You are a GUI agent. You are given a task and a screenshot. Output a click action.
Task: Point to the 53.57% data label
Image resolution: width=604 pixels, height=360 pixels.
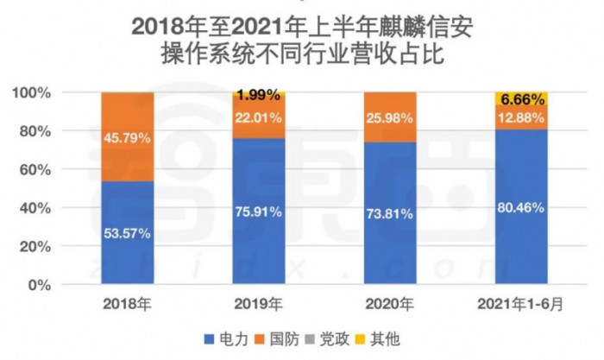tap(127, 233)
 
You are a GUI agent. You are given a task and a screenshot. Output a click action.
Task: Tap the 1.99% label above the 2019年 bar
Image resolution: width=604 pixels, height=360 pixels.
tap(258, 94)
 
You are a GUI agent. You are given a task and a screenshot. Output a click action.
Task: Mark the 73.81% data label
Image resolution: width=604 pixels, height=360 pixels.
tap(389, 214)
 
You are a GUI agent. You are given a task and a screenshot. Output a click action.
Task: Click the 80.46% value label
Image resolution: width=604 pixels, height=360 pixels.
tap(520, 206)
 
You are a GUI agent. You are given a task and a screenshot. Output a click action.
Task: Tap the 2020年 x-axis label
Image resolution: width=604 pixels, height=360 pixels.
tap(389, 305)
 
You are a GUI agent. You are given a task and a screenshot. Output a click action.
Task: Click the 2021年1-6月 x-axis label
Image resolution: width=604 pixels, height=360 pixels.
tap(520, 305)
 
